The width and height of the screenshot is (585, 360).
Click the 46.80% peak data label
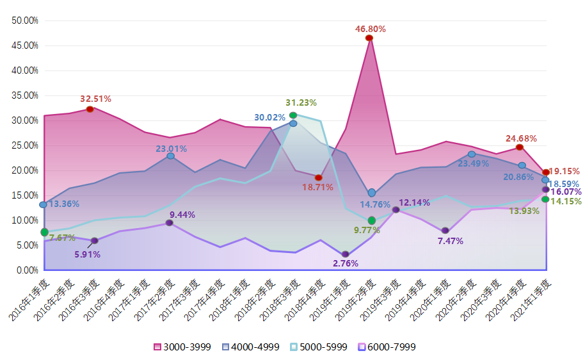pos(371,29)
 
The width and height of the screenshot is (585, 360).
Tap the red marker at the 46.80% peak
pos(369,38)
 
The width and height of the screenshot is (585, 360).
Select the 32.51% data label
pos(95,99)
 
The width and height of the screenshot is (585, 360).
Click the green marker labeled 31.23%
pos(293,115)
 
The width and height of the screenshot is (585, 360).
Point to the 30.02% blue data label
pos(269,117)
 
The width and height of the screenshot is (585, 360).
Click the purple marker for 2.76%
pos(346,254)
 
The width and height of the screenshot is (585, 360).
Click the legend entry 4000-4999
pos(250,347)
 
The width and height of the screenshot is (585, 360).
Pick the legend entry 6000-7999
pos(387,347)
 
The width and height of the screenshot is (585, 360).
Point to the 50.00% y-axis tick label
pos(25,20)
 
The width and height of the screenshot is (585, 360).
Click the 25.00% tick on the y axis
pos(25,145)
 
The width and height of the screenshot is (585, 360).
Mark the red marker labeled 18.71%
pos(319,177)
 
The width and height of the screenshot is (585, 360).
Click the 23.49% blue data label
pos(474,163)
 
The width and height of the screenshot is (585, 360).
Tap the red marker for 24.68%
pos(520,147)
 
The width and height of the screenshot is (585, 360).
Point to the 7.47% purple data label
pos(451,241)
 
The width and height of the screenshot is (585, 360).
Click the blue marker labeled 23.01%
pos(170,156)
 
